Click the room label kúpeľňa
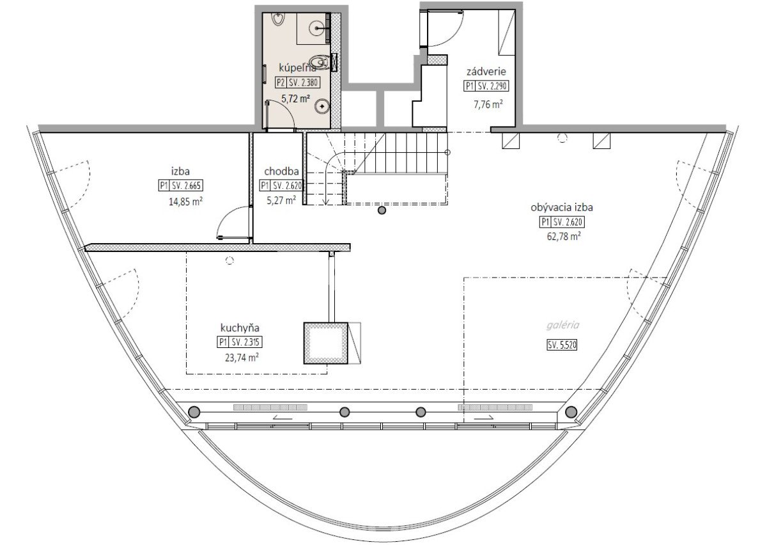(x=297, y=68)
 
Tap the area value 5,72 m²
(x=295, y=99)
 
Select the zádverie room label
(x=486, y=72)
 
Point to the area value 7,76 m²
(x=488, y=104)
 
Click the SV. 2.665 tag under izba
(x=186, y=186)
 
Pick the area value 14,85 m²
(x=185, y=201)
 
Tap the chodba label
(x=281, y=171)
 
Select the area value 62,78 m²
(x=564, y=237)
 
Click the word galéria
(x=563, y=325)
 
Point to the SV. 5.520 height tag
(x=562, y=345)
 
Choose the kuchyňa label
(x=240, y=328)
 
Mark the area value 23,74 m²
(x=242, y=358)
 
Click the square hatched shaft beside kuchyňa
(x=325, y=343)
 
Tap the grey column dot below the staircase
(x=382, y=210)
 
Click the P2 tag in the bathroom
(x=281, y=83)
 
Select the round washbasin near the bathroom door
(x=323, y=107)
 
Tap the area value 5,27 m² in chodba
(x=281, y=200)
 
